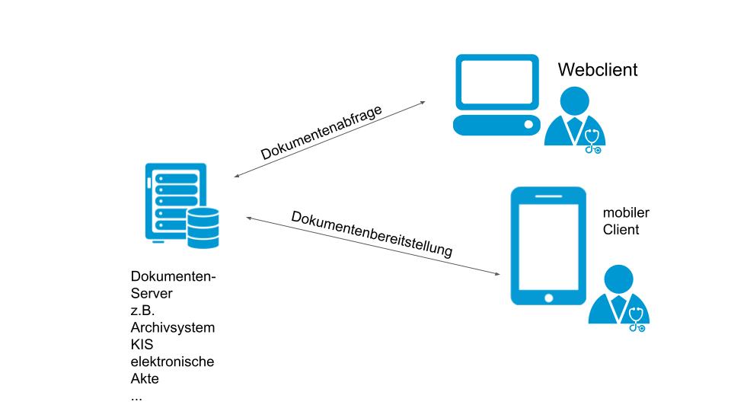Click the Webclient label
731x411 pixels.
pos(598,70)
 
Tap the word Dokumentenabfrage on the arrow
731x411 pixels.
pos(321,132)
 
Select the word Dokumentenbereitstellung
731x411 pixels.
pos(372,233)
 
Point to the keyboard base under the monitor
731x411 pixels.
pos(494,125)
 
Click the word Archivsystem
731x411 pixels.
pos(173,328)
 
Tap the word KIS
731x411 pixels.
pos(142,345)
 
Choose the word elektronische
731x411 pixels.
pos(173,362)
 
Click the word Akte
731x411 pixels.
pos(145,378)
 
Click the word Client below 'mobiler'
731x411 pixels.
pos(621,229)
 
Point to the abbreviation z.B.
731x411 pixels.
pos(144,311)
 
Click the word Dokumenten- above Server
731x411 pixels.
pos(174,277)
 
